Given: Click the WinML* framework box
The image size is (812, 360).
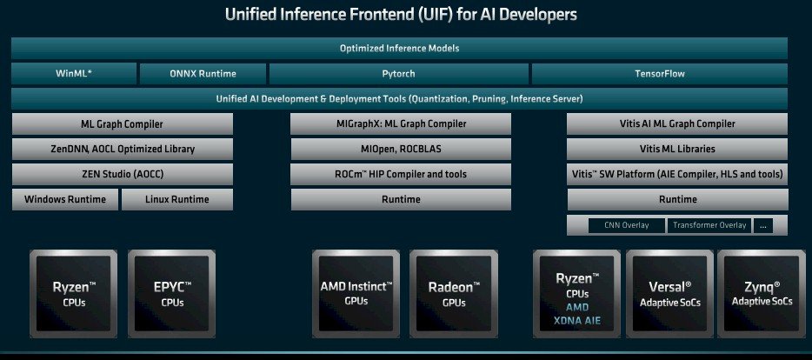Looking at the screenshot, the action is click(x=74, y=74).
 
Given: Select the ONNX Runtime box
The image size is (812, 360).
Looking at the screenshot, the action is click(x=203, y=74).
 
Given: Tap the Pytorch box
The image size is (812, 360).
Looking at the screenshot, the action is click(x=399, y=74).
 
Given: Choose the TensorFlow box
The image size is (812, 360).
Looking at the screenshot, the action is click(x=660, y=74).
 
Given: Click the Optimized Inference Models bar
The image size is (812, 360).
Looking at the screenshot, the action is click(x=399, y=48).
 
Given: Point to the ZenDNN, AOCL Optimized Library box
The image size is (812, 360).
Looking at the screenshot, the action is click(x=123, y=150).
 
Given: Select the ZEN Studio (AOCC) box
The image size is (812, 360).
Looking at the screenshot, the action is click(x=123, y=174).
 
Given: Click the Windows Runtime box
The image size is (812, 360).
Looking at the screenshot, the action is click(x=65, y=199).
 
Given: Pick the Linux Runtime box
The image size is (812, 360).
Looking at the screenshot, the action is click(x=177, y=199).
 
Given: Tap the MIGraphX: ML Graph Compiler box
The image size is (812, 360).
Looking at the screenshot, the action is click(x=401, y=123).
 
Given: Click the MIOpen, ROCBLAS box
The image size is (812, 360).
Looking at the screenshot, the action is click(x=401, y=150).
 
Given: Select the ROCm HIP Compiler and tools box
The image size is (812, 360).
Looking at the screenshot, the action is click(x=401, y=174).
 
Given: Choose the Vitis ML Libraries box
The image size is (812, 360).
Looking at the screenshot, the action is click(x=677, y=150).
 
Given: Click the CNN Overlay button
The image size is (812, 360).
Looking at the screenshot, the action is click(x=627, y=225).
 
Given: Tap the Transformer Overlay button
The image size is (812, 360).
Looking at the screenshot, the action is click(x=709, y=225).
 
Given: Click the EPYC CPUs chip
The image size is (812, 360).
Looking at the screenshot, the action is click(x=172, y=294).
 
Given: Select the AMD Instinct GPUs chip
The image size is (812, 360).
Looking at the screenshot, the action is click(x=356, y=294).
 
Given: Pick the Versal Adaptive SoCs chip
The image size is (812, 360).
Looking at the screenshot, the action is click(x=669, y=294).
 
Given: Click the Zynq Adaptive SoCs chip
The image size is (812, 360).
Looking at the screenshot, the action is click(x=762, y=294).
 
